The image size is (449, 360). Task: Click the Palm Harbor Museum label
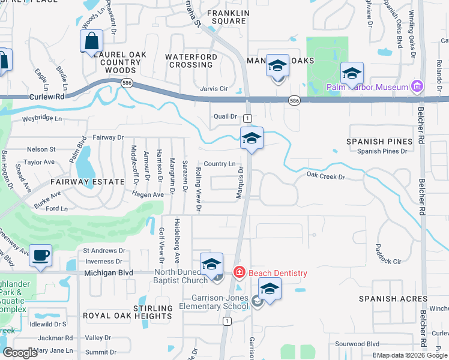tap(367, 88)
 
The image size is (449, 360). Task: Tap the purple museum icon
tap(417, 87)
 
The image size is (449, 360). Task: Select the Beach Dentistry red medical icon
tap(240, 273)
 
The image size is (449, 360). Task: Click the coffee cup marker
tap(41, 256)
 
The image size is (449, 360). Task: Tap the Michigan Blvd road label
tap(109, 272)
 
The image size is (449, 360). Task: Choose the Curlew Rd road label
tap(46, 97)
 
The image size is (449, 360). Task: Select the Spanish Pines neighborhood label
tap(379, 142)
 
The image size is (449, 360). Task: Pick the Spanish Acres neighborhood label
tap(393, 299)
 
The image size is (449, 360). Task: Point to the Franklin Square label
tap(226, 17)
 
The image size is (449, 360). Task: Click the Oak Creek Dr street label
tap(326, 176)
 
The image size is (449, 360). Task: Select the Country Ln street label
tap(219, 164)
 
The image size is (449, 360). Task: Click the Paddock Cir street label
tap(387, 262)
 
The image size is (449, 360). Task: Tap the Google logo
tap(20, 353)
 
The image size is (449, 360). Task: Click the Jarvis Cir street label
tap(214, 89)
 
